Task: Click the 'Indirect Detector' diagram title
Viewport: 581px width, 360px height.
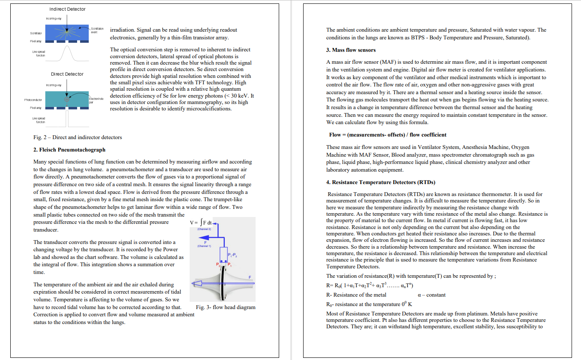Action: click(67, 9)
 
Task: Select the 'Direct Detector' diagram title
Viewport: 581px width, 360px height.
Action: click(67, 74)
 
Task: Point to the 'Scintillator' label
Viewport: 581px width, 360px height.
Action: click(36, 33)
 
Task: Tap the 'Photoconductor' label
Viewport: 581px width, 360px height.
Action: click(33, 100)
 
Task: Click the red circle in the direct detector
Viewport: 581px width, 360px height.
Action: click(66, 99)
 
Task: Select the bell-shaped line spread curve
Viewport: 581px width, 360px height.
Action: click(67, 53)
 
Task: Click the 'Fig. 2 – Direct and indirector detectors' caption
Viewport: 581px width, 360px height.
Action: click(77, 137)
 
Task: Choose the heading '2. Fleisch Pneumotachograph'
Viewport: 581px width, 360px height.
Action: click(69, 150)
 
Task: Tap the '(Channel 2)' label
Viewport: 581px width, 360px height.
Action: click(204, 229)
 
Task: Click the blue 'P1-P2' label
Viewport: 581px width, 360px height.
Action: click(232, 256)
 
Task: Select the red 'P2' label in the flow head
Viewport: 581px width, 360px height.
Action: click(218, 264)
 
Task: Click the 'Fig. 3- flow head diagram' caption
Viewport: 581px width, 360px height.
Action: click(226, 307)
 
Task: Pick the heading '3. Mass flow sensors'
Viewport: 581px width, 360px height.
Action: click(351, 50)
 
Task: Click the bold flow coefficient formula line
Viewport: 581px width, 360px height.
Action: click(388, 135)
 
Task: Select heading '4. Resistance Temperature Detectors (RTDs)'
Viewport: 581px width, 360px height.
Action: click(381, 182)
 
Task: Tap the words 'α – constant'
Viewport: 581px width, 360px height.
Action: click(431, 295)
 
